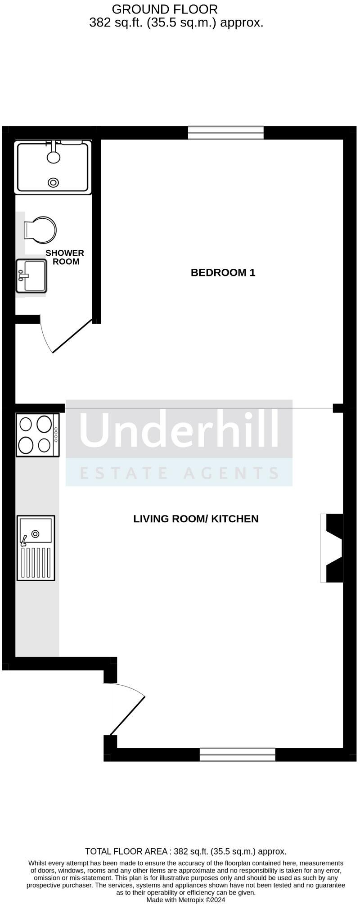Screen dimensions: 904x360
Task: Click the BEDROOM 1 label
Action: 223,272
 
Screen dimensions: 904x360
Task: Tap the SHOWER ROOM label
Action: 65,257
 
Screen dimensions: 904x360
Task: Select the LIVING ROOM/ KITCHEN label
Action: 196,519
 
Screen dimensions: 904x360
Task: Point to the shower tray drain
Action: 54,182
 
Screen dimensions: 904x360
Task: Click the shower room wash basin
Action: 31,276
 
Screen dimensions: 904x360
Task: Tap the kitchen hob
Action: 37,435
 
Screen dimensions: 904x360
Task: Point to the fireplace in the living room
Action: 332,548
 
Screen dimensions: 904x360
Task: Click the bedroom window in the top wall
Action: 225,133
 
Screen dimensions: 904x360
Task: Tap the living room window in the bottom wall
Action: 237,755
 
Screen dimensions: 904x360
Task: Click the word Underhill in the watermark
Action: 179,429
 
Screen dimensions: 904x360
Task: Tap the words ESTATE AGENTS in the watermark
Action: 179,473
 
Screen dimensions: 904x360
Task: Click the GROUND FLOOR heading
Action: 164,9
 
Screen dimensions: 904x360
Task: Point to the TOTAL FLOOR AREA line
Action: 185,851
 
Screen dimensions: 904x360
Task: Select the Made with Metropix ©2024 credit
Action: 185,900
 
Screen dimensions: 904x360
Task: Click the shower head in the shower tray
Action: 54,156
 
